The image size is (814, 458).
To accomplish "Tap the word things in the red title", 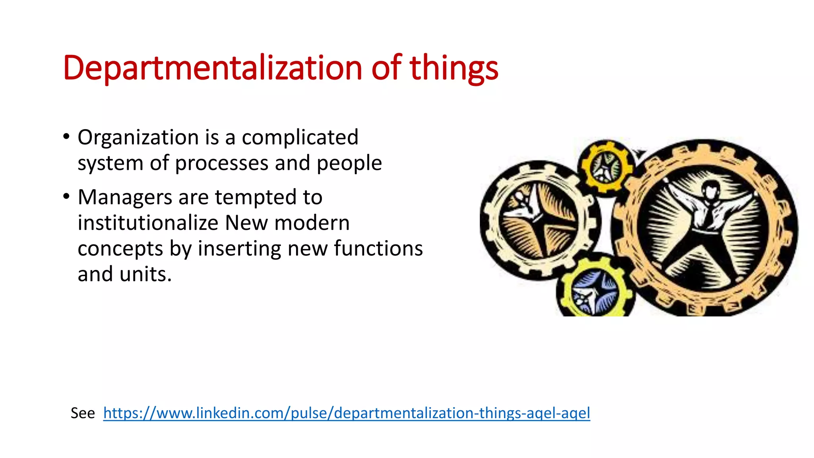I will tap(454, 68).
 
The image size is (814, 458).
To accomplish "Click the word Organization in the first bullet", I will tap(138, 138).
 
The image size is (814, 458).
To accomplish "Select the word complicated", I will tap(300, 138).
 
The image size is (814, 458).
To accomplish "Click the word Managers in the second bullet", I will tap(125, 197).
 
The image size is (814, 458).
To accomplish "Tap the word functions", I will tap(378, 248).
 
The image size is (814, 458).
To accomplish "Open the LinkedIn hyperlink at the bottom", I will tap(346, 413).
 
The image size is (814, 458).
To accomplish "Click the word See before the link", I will tap(83, 413).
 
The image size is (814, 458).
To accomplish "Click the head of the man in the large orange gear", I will tap(711, 190).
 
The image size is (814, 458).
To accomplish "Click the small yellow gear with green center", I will tap(605, 167).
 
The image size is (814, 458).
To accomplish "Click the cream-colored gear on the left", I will tap(539, 221).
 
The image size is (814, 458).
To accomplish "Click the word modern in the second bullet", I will tap(312, 223).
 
